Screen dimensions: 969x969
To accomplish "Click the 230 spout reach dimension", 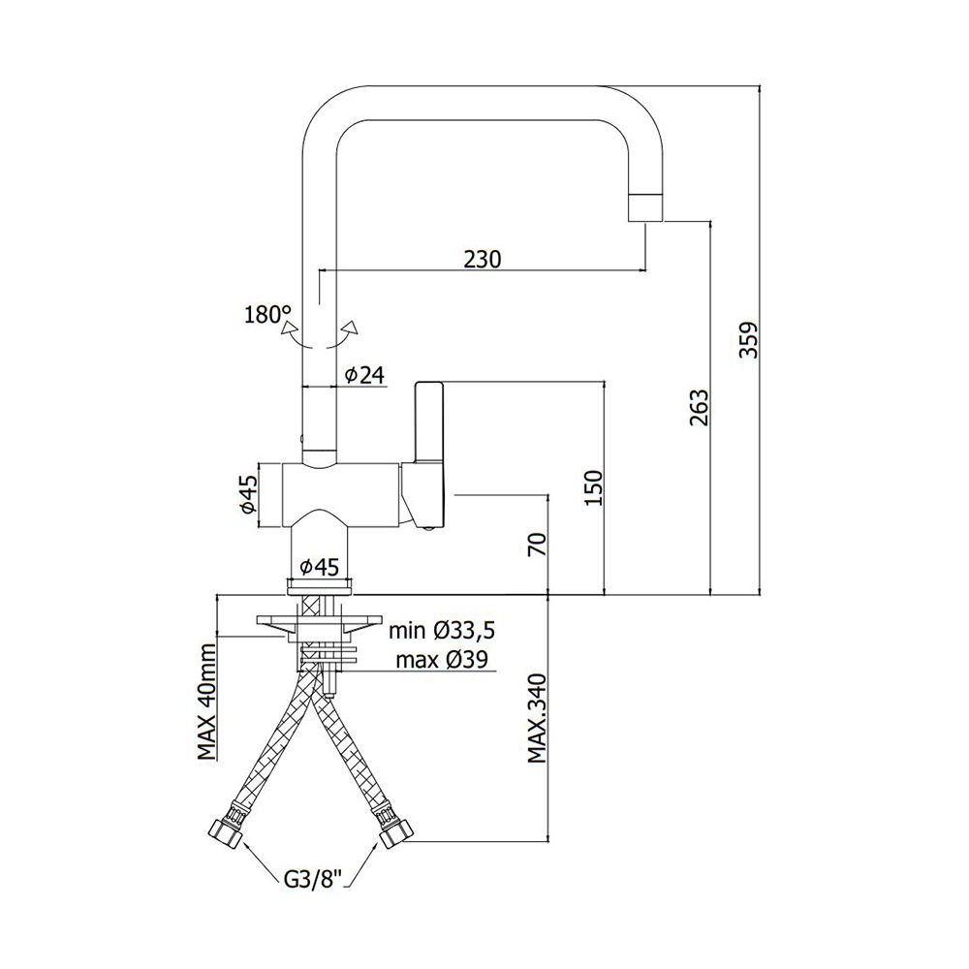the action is tap(483, 259).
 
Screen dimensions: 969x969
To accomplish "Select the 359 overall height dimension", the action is tap(749, 339).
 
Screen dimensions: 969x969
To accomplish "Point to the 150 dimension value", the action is tap(593, 487).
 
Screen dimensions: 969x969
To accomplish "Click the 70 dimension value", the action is tap(538, 544).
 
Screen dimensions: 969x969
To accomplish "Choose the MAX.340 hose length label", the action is tap(537, 719).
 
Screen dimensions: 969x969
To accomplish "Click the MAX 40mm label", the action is tap(207, 702).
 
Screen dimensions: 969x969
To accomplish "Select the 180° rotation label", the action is tap(268, 315).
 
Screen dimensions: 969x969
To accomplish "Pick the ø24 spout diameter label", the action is tap(364, 375).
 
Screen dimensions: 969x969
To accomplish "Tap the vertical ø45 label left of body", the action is tap(248, 493).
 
